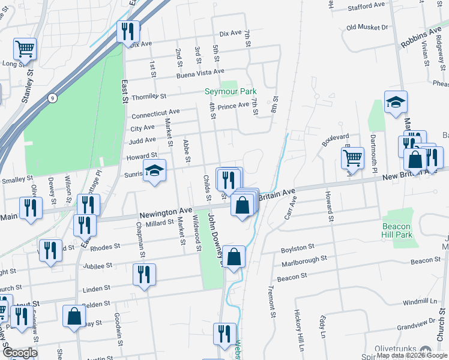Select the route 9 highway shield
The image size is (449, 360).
tap(53, 98)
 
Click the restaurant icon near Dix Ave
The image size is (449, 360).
tap(128, 31)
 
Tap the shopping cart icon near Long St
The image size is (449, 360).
tap(25, 48)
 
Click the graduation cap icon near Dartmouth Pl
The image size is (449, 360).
tap(396, 102)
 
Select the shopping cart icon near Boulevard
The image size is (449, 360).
tap(352, 158)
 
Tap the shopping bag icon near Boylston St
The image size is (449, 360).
tap(235, 256)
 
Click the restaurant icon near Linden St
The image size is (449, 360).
tap(144, 275)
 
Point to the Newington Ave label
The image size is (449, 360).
tap(166, 213)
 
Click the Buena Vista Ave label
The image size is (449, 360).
tap(187, 73)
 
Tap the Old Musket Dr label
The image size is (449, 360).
tap(367, 27)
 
